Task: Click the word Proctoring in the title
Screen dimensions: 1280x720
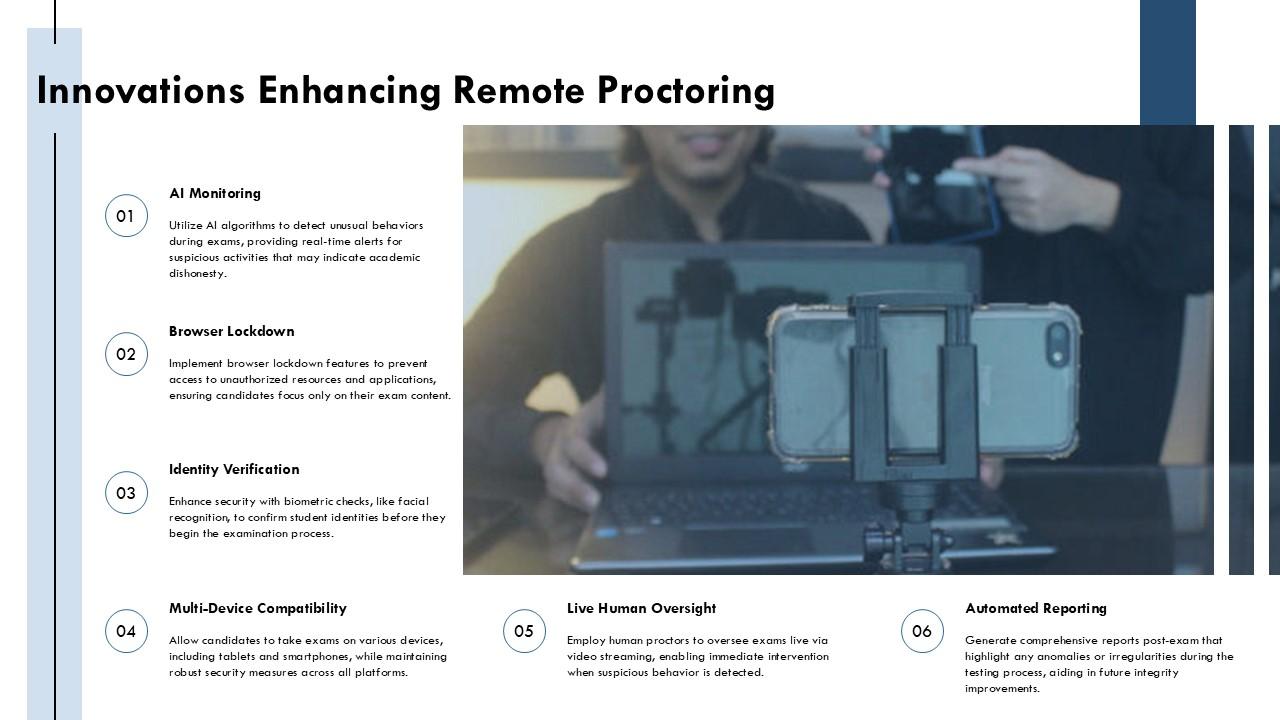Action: pyautogui.click(x=686, y=91)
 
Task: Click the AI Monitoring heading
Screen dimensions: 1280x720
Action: pyautogui.click(x=215, y=194)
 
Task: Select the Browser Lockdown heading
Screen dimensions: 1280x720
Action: pyautogui.click(x=231, y=331)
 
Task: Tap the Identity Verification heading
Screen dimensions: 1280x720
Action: pyautogui.click(x=234, y=470)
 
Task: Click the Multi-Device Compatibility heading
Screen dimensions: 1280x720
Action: pyautogui.click(x=258, y=609)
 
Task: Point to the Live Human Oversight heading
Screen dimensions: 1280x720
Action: pyautogui.click(x=641, y=609)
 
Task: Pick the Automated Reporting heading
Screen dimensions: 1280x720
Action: pyautogui.click(x=1036, y=609)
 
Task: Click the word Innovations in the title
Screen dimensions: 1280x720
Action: pyautogui.click(x=141, y=91)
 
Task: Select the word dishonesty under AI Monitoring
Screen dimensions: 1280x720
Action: pyautogui.click(x=198, y=274)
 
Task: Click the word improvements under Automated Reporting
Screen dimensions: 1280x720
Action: pyautogui.click(x=1002, y=689)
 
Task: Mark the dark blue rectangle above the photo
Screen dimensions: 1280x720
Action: pyautogui.click(x=1167, y=62)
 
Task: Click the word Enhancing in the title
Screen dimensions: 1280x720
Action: pyautogui.click(x=349, y=91)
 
